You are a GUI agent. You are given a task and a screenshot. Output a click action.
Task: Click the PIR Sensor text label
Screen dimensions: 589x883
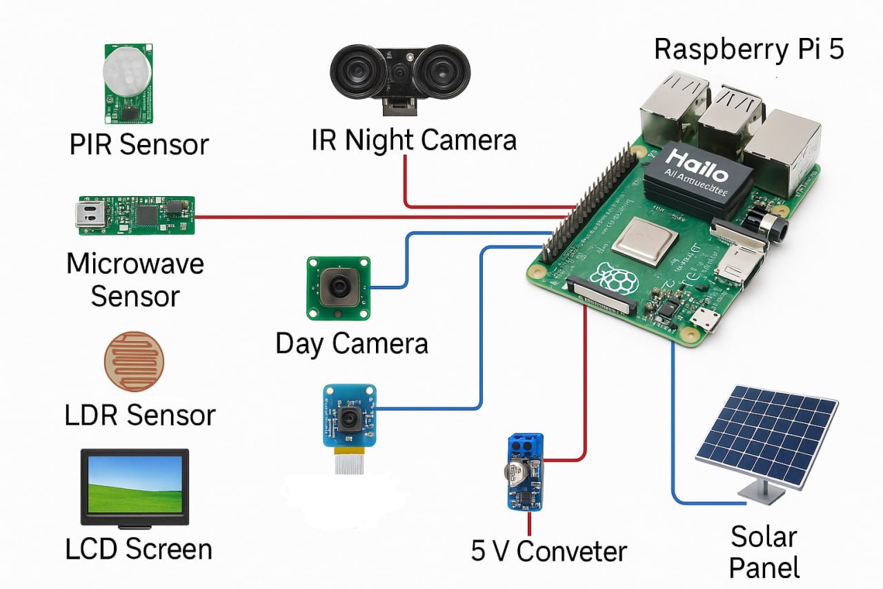(x=139, y=144)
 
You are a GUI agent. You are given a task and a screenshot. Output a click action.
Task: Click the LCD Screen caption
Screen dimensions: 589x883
(x=139, y=549)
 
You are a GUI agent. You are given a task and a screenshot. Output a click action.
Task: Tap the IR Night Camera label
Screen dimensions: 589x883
(x=413, y=140)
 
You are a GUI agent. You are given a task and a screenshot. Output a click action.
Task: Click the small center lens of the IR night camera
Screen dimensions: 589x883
(x=399, y=73)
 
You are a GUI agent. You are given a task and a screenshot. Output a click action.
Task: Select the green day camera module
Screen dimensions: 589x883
(x=339, y=288)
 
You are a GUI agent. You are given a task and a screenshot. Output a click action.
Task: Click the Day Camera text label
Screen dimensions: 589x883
(x=352, y=343)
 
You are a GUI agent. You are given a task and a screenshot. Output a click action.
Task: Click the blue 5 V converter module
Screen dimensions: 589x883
(x=524, y=472)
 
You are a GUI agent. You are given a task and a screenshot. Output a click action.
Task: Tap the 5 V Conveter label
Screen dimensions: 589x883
(x=549, y=551)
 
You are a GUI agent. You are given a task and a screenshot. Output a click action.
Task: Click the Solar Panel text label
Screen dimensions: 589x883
(x=764, y=552)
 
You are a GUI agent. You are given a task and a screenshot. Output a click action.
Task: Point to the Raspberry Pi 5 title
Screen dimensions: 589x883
(x=748, y=49)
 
